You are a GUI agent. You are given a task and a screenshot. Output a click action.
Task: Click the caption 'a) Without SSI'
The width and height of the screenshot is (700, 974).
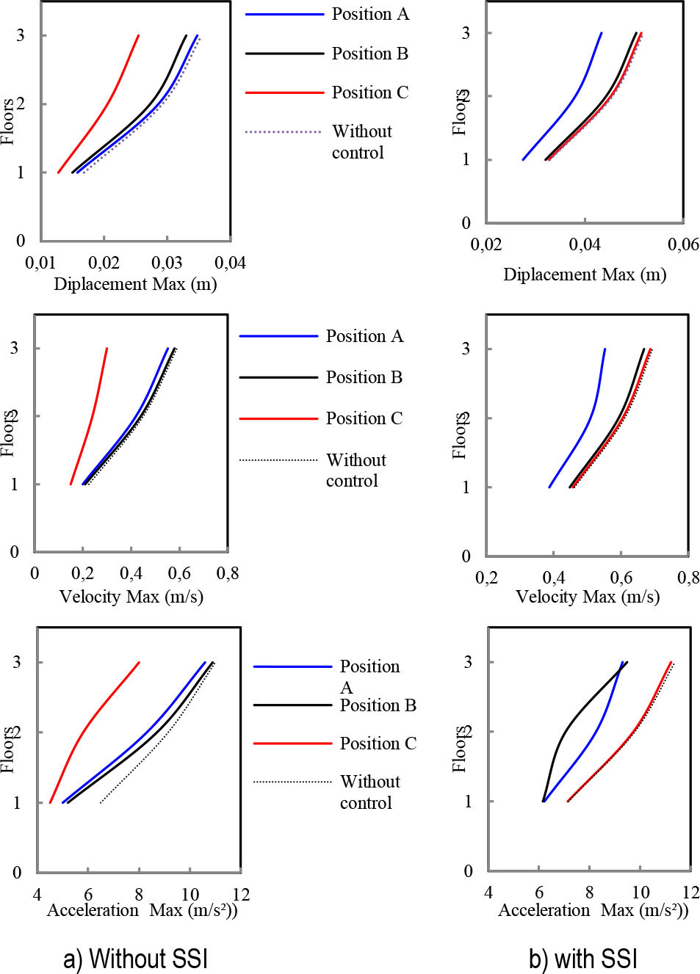pos(136,959)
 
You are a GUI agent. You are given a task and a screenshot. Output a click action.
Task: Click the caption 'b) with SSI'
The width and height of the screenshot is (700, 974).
pos(582,959)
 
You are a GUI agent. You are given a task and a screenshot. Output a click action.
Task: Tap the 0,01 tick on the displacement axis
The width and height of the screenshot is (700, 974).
pos(40,263)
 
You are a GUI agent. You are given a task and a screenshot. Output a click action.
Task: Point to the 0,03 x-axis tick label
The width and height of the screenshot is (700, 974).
pos(167,263)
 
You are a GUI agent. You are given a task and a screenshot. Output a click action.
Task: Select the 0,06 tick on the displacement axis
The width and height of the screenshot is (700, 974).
pos(683,244)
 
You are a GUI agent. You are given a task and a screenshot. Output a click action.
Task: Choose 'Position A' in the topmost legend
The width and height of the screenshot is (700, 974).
pos(370,14)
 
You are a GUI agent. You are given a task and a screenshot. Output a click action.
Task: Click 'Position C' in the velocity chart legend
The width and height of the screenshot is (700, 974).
pos(364,418)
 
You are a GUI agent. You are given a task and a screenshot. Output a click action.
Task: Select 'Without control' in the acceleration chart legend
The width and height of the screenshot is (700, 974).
pos(369,792)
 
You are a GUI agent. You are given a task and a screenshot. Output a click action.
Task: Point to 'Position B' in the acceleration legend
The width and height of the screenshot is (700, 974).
pos(378,705)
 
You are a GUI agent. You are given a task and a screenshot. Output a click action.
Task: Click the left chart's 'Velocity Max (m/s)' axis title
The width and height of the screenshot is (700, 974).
pos(131,596)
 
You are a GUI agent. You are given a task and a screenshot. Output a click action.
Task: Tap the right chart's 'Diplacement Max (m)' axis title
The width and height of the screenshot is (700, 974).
pos(585,275)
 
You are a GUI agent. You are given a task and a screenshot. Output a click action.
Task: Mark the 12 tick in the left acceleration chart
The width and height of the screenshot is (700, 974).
pos(241,894)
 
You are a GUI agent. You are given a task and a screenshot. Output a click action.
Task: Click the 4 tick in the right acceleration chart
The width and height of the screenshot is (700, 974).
pos(488,892)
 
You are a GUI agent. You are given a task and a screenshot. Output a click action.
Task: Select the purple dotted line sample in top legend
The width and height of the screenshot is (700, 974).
pos(284,132)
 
